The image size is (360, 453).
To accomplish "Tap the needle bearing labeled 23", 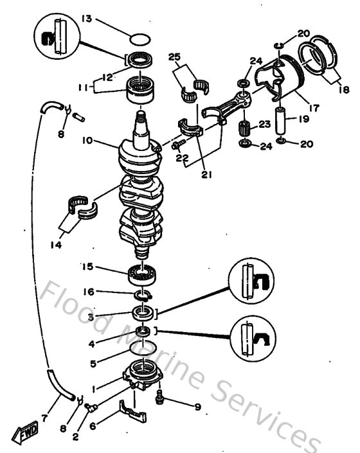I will [244, 123].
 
